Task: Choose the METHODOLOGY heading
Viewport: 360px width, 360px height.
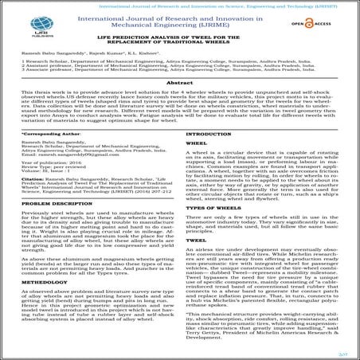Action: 39,281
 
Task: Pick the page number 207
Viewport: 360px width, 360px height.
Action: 344,349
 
